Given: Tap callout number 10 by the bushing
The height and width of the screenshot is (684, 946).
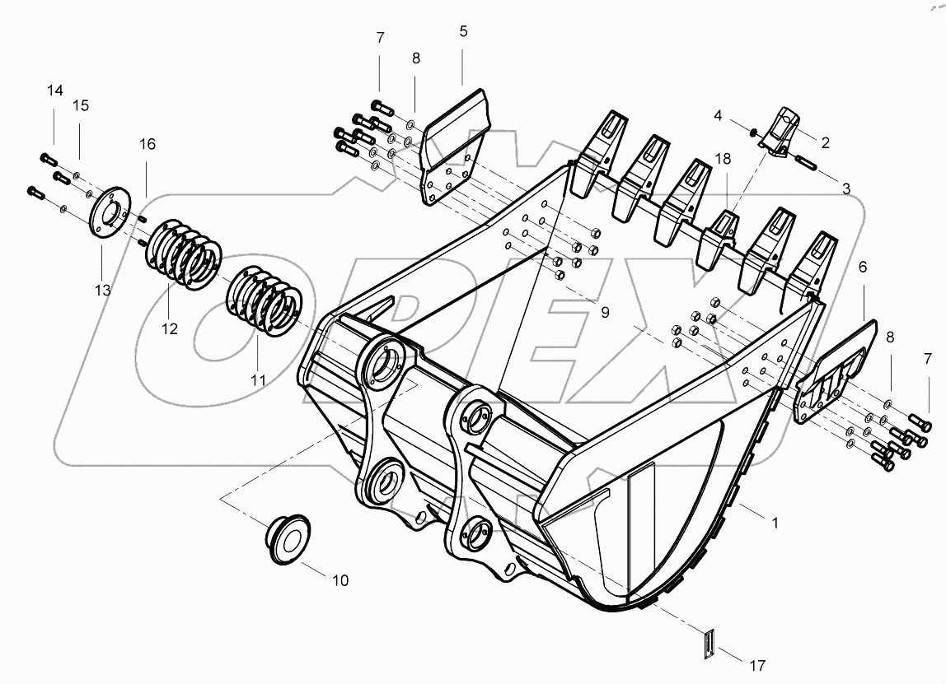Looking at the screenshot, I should pos(340,580).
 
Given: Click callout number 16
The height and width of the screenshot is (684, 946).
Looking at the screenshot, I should pos(147,144).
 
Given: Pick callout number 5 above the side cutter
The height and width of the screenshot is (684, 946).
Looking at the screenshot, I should pos(463,31).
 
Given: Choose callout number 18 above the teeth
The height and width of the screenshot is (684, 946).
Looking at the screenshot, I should pos(723,159).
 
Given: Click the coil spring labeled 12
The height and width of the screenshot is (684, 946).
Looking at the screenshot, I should pos(183,253).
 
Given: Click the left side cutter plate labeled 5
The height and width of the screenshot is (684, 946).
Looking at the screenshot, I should pos(456,148).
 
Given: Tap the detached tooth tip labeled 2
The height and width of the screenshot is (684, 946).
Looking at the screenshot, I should pos(780,132).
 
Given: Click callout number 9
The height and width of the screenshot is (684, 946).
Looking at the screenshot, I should pos(604,313).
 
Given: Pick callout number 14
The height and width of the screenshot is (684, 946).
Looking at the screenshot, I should pos(54,91).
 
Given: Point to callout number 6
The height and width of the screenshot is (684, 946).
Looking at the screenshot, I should pos(862,267).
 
